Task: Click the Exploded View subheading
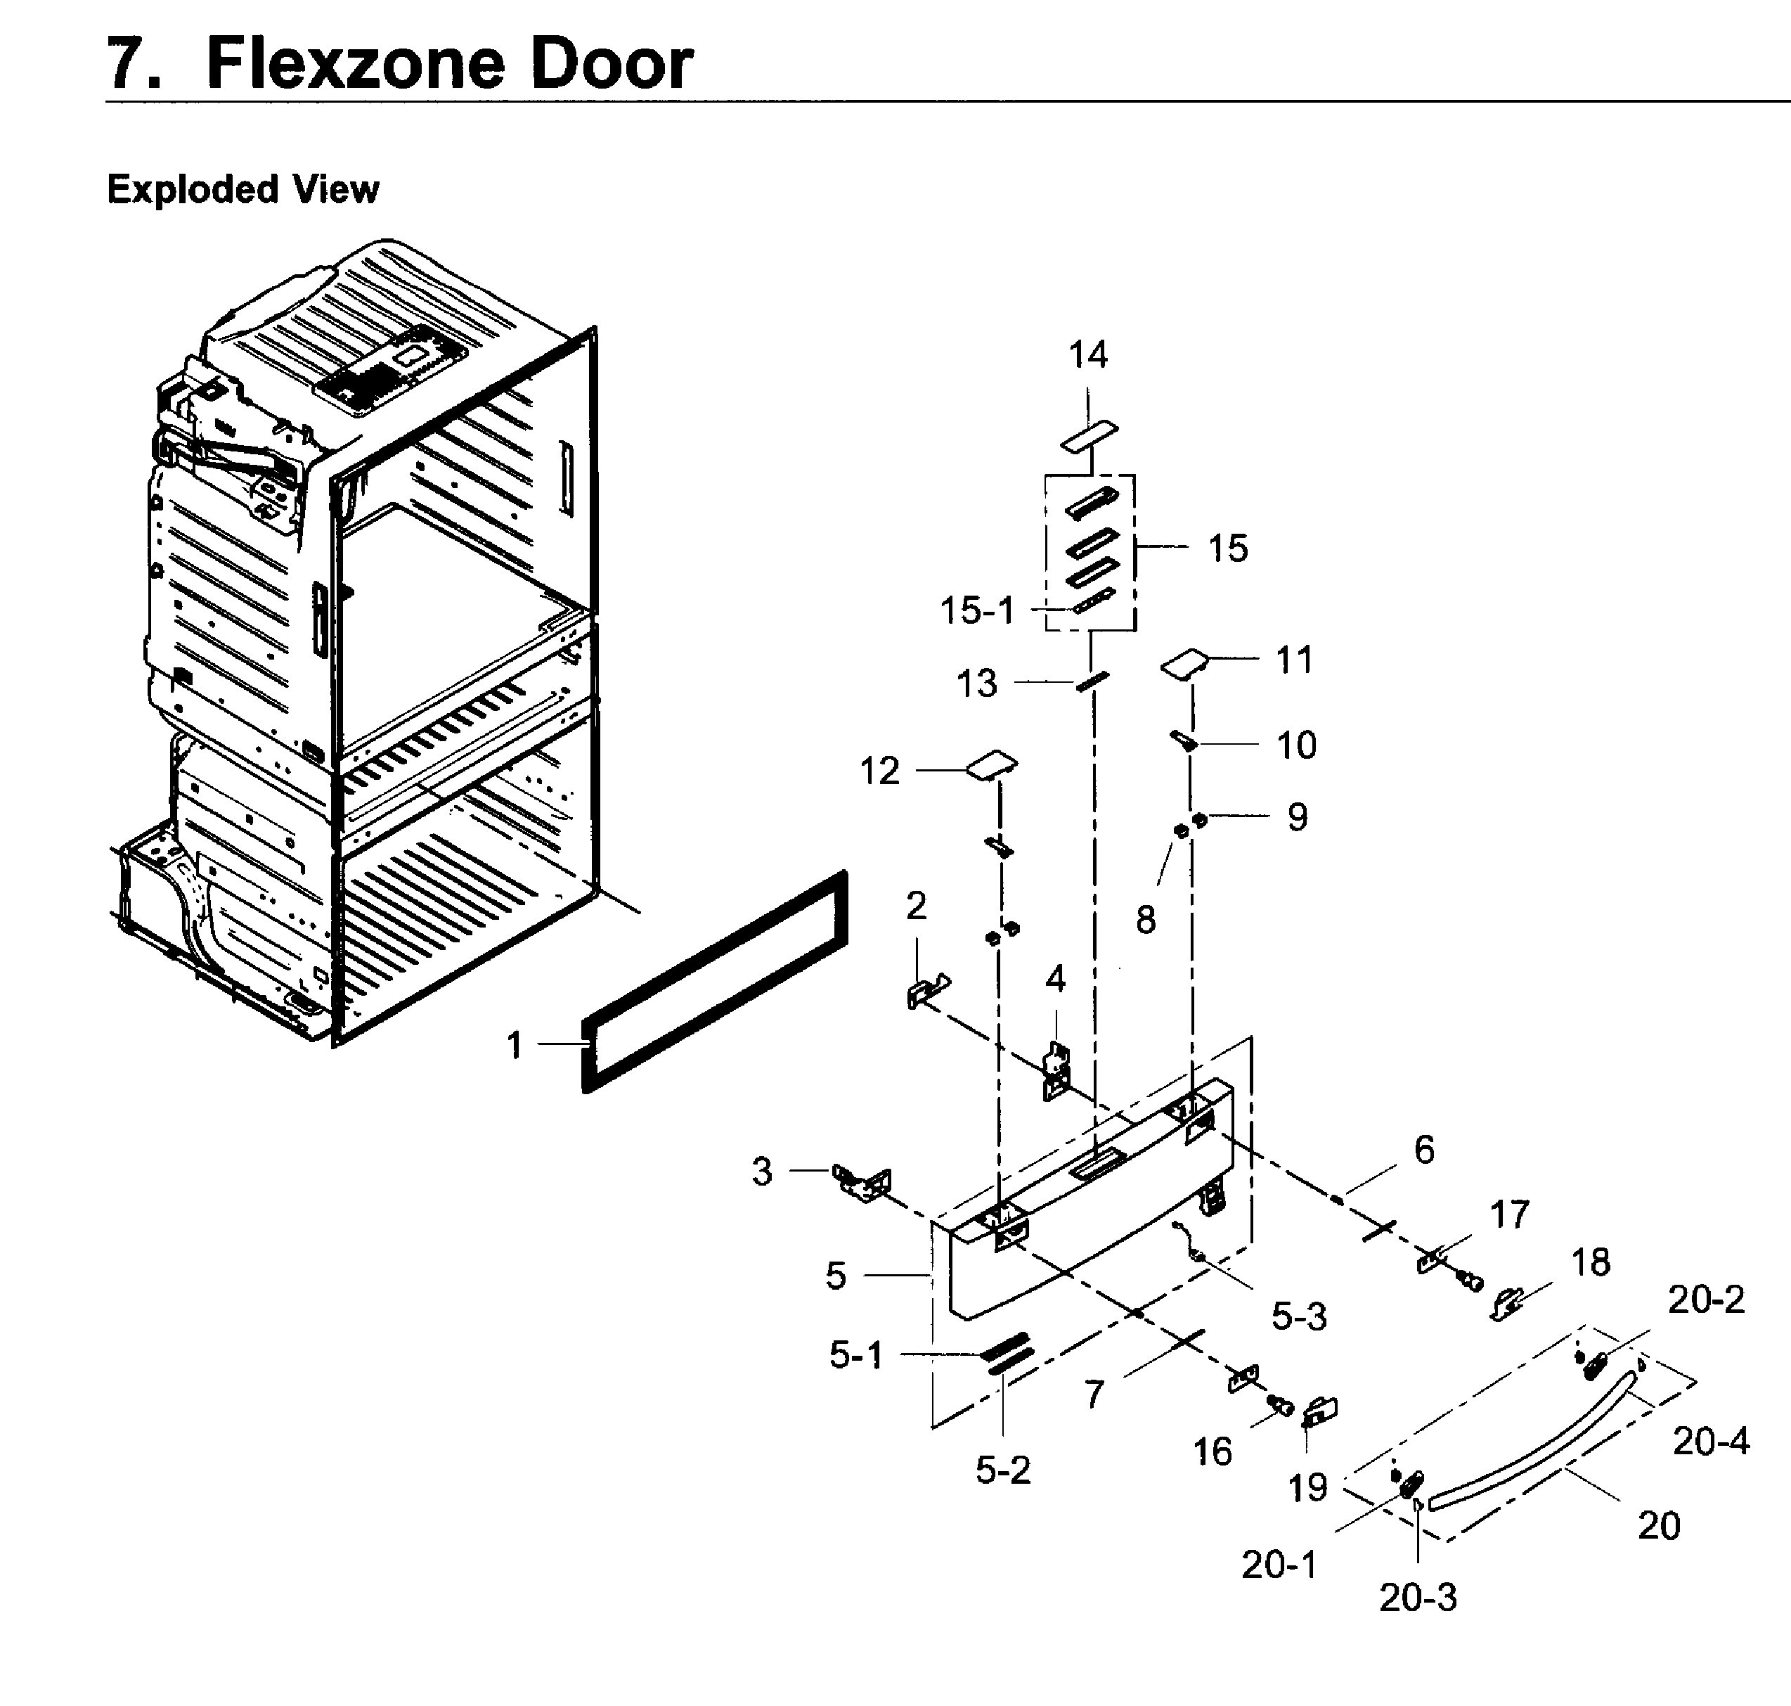pyautogui.click(x=243, y=189)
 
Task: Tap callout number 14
pyautogui.click(x=1087, y=354)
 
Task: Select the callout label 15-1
pyautogui.click(x=976, y=610)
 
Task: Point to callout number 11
pyautogui.click(x=1295, y=660)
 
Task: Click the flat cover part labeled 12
pyautogui.click(x=992, y=765)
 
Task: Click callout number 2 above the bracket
pyautogui.click(x=917, y=905)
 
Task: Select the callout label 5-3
pyautogui.click(x=1298, y=1316)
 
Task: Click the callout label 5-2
pyautogui.click(x=1003, y=1470)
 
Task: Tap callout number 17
pyautogui.click(x=1509, y=1214)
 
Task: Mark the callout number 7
pyautogui.click(x=1094, y=1394)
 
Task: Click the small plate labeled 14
pyautogui.click(x=1089, y=435)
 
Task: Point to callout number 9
pyautogui.click(x=1298, y=816)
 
